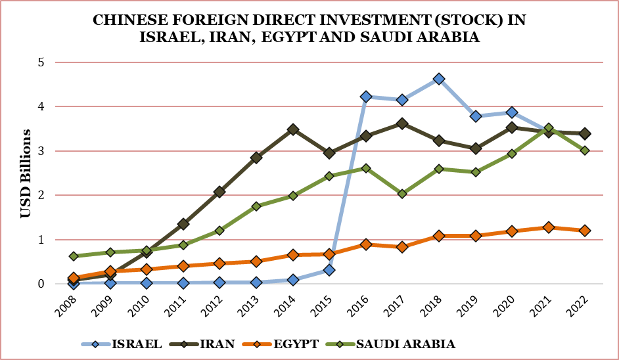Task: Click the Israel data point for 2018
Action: pos(439,79)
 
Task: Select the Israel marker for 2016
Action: pos(366,97)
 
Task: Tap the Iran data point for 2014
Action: pos(293,129)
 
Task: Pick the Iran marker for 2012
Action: pos(219,192)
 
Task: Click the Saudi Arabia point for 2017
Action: pos(402,194)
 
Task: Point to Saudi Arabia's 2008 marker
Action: pos(74,256)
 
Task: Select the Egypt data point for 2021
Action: pos(548,227)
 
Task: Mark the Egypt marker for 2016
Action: pos(366,244)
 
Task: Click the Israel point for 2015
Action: pos(329,270)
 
